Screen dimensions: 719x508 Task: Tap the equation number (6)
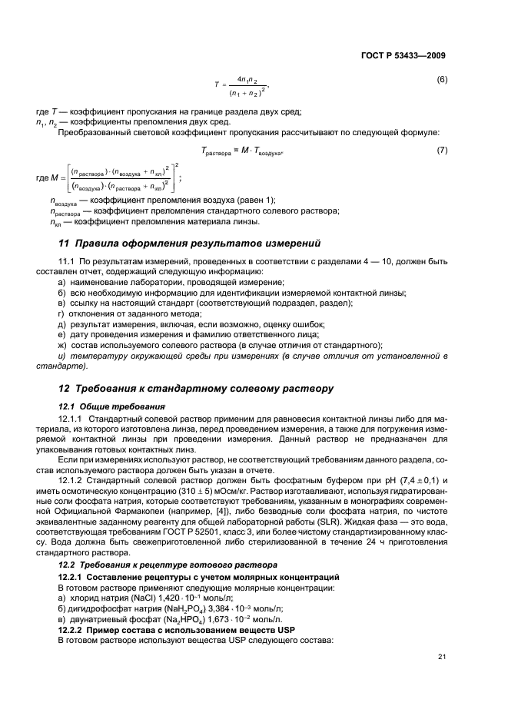(442, 79)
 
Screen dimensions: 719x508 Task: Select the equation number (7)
(442, 150)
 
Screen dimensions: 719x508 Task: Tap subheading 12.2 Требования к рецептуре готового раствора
(151, 565)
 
